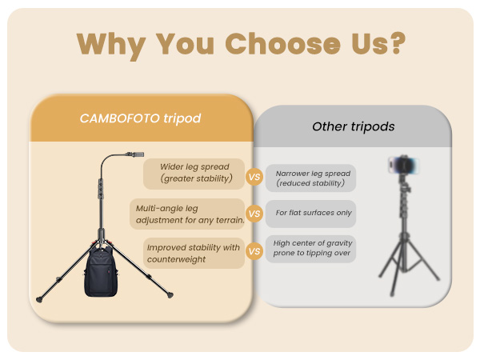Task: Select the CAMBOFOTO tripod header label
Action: point(140,118)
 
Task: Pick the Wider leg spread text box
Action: point(194,173)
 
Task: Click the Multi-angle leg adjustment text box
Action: point(190,214)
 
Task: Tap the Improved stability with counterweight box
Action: point(194,253)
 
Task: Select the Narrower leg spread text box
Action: point(310,178)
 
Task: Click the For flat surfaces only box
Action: point(310,214)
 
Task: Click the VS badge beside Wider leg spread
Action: point(254,177)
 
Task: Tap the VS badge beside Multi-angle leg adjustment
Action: point(254,214)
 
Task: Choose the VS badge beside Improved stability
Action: point(254,251)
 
